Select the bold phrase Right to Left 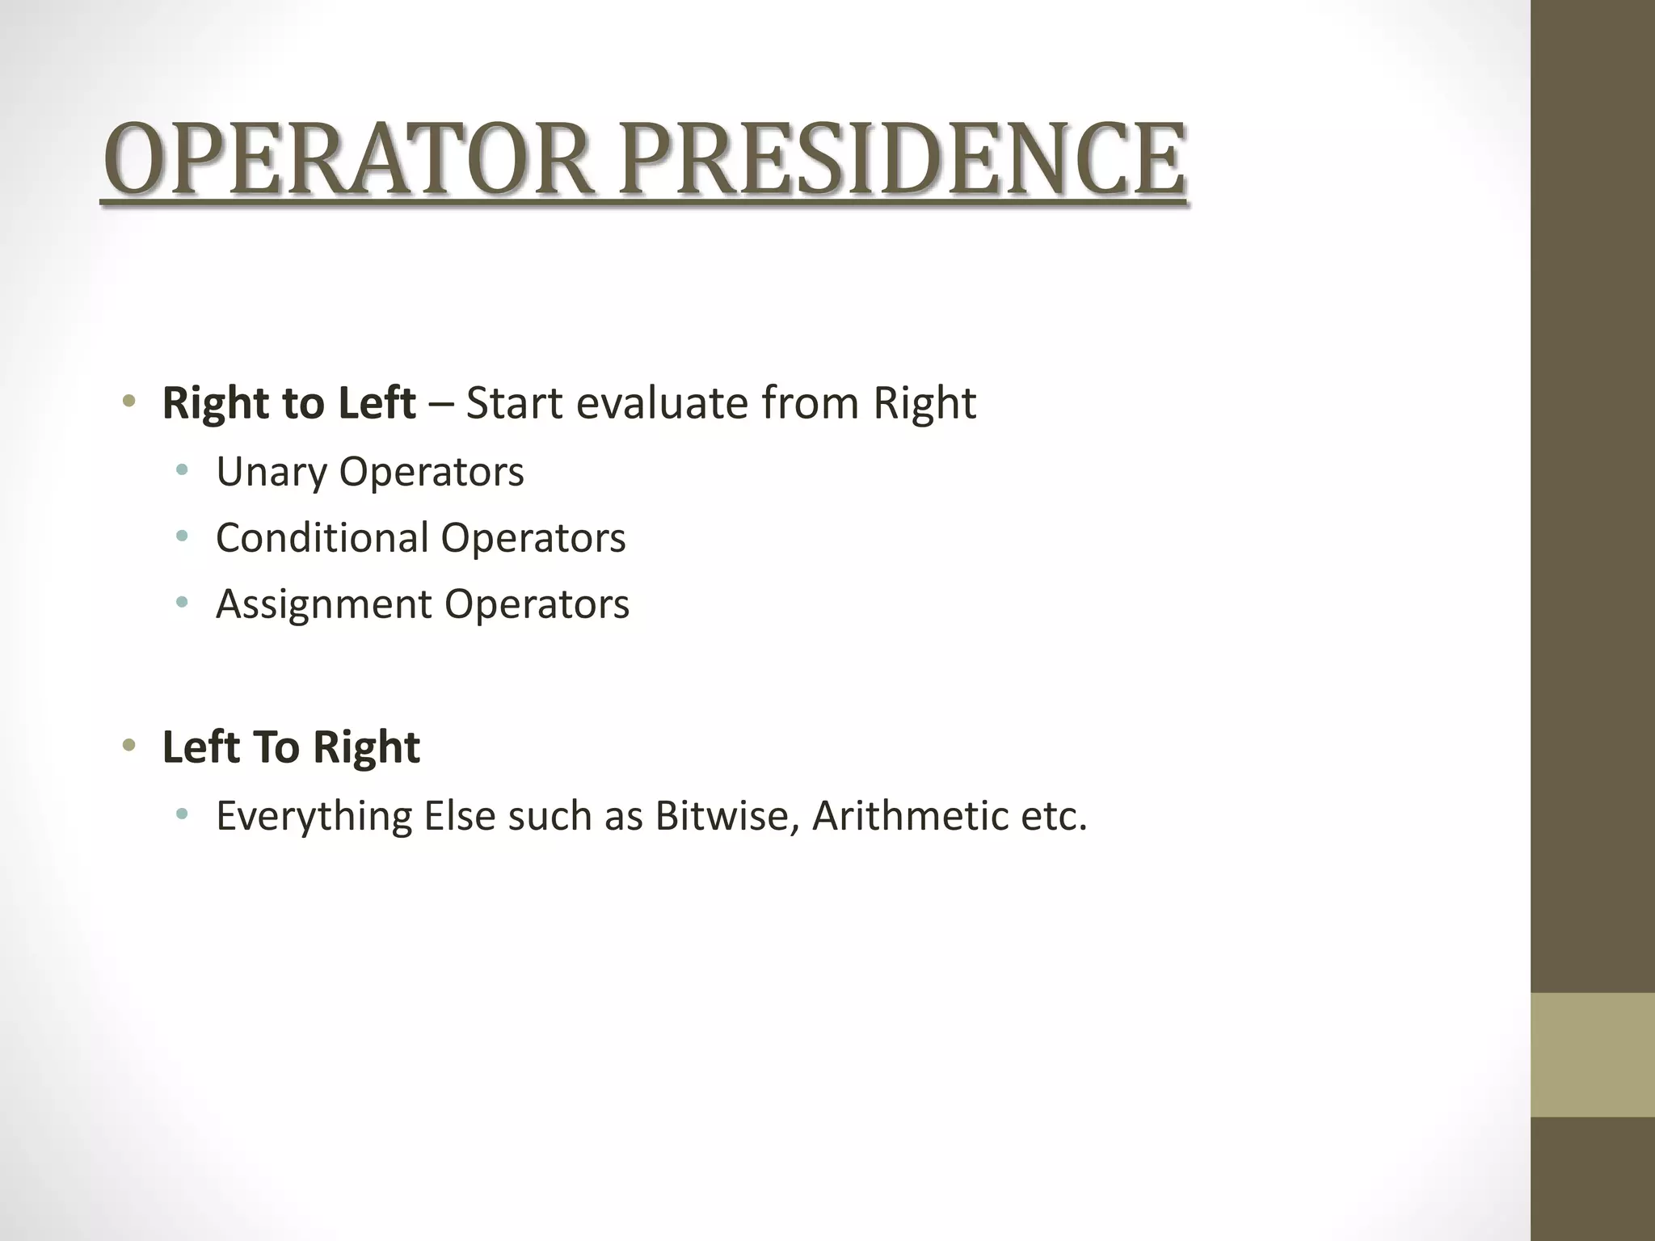coord(288,403)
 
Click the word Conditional coord(322,538)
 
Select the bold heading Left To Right coord(291,747)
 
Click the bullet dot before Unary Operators coord(183,469)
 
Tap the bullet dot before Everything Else coord(183,814)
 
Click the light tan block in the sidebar coord(1592,1054)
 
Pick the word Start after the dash coord(515,403)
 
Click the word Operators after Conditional coord(533,538)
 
